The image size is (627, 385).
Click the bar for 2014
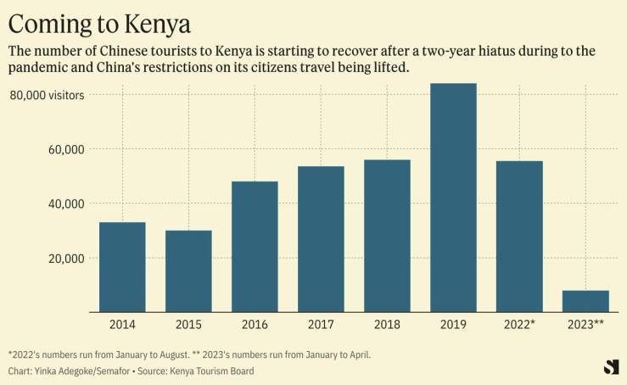click(122, 267)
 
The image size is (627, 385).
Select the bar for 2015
click(188, 271)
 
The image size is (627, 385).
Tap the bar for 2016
click(255, 247)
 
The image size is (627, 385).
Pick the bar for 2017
click(321, 239)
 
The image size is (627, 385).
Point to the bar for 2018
click(387, 236)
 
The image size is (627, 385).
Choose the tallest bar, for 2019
click(453, 198)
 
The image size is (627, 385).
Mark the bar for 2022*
click(519, 237)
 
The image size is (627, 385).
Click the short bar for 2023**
click(585, 301)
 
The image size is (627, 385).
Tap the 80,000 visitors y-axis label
click(48, 95)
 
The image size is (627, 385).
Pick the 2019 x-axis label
click(453, 325)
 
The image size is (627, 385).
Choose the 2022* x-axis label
click(519, 325)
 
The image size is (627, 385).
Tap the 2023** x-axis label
click(585, 325)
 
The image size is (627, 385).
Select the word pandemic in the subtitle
click(42, 67)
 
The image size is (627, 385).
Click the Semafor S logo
click(610, 366)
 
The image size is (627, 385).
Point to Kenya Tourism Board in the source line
click(211, 371)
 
